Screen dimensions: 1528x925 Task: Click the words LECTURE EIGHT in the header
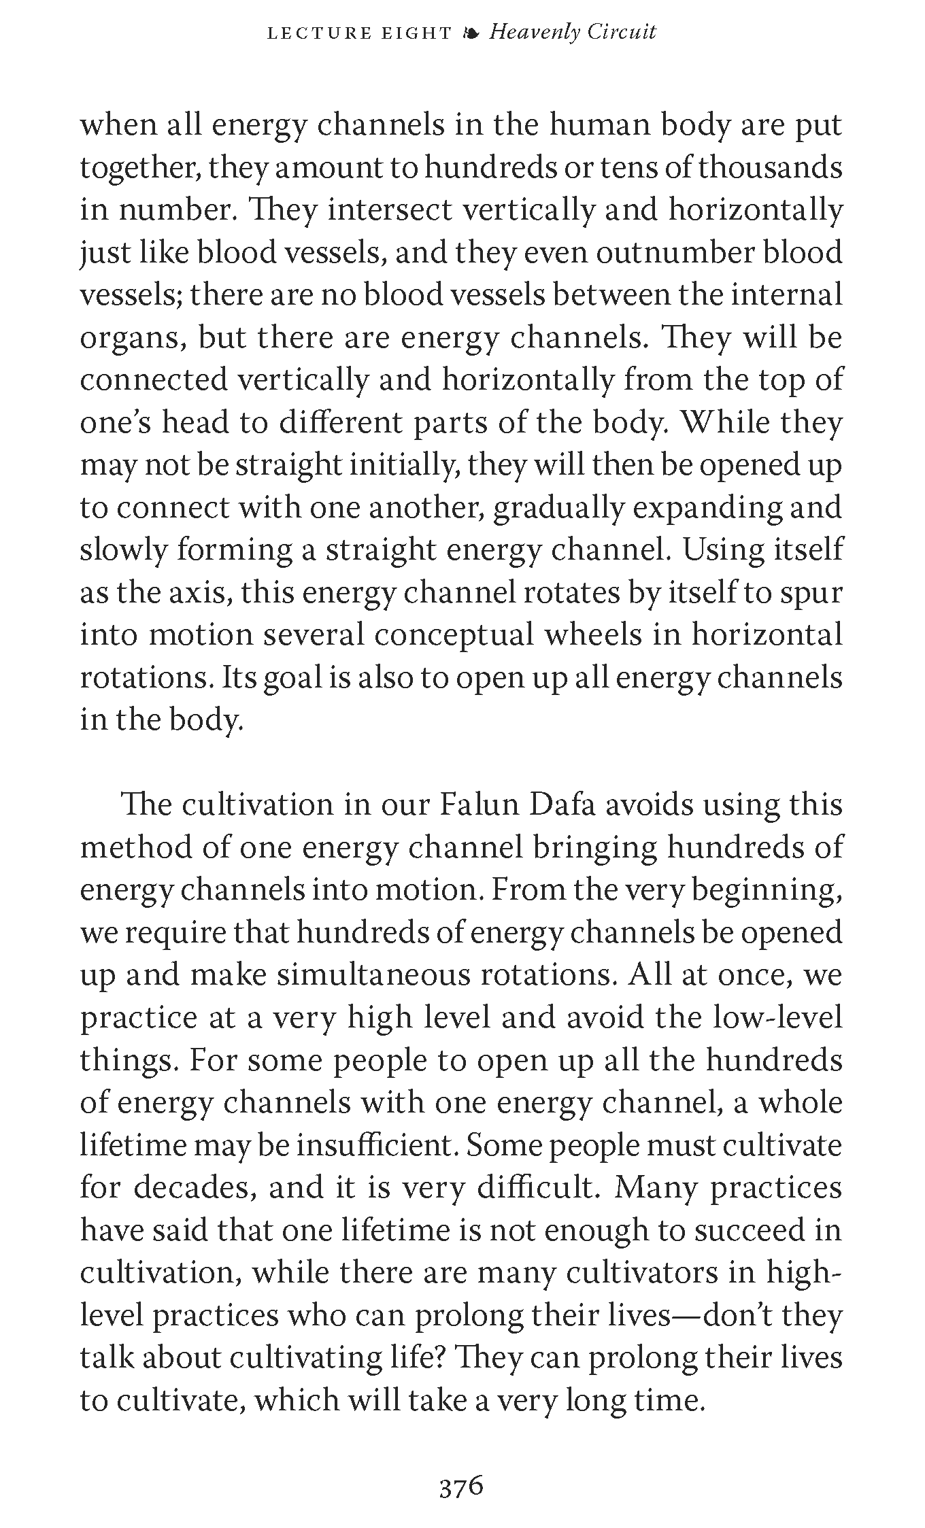click(x=359, y=33)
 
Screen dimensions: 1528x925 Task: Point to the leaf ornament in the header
click(x=470, y=33)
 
